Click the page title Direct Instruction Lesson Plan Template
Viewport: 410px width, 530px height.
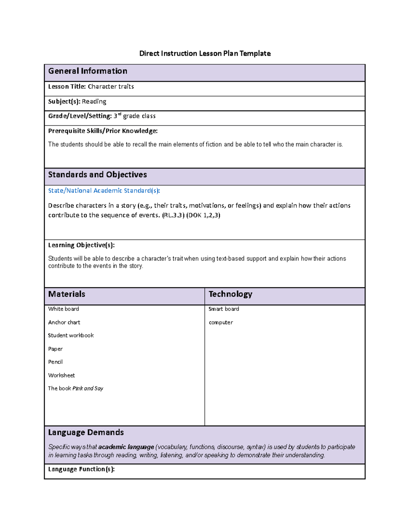(205, 54)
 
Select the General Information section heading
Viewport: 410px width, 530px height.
(87, 71)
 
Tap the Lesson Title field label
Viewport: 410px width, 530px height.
(67, 87)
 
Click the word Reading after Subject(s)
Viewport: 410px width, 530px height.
(94, 102)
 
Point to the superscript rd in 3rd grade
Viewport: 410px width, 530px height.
(120, 114)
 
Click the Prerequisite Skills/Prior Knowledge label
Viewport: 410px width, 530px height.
(102, 131)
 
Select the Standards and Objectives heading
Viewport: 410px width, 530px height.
(97, 175)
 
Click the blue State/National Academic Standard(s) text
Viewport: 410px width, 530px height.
(104, 191)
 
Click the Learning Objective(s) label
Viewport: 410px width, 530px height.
(81, 245)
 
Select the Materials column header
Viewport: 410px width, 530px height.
(67, 294)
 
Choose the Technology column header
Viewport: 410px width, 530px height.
(230, 294)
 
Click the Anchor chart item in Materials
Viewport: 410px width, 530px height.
(64, 323)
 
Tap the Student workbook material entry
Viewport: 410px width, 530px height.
(71, 335)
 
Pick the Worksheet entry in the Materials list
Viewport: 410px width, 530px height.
(61, 375)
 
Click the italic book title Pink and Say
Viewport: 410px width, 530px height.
(88, 388)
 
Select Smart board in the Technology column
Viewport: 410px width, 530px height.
(224, 309)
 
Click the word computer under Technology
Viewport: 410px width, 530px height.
(221, 323)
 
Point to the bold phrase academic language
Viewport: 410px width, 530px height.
(126, 447)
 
